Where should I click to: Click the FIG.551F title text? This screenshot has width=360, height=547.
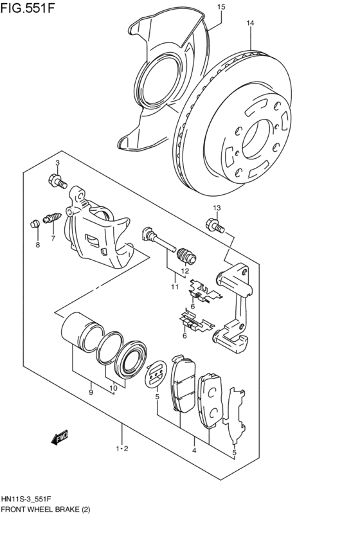(28, 7)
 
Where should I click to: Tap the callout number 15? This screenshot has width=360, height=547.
(221, 6)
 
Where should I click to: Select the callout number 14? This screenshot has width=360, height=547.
(250, 23)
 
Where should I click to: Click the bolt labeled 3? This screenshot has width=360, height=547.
(57, 181)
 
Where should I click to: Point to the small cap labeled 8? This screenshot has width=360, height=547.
(35, 224)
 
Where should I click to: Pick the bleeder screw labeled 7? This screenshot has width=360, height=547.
(52, 218)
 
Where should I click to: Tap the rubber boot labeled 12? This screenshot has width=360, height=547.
(187, 256)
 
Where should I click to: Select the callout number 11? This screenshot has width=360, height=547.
(175, 287)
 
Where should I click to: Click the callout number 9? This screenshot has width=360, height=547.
(91, 393)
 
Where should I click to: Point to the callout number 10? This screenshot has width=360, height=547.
(113, 388)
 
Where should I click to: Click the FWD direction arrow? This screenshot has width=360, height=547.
(60, 438)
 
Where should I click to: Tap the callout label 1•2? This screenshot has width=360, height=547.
(122, 449)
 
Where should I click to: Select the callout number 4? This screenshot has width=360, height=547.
(194, 451)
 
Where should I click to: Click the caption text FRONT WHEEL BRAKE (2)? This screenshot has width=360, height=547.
(46, 509)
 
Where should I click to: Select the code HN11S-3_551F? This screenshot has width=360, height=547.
(28, 499)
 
